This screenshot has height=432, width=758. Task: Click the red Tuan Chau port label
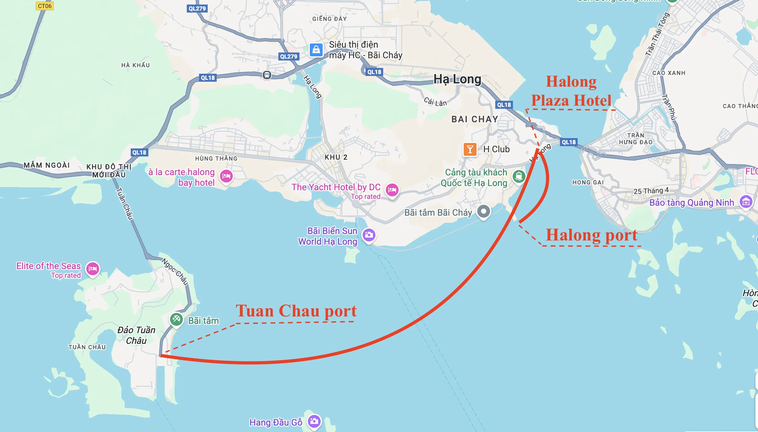296,311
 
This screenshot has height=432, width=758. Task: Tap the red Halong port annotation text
592,235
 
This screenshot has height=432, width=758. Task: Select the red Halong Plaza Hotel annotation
571,91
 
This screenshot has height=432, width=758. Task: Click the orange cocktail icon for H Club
470,149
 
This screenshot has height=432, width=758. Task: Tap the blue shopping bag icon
316,50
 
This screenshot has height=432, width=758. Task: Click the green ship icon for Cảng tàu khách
519,176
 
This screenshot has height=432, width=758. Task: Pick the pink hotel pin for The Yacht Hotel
392,190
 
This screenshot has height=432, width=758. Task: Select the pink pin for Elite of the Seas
93,269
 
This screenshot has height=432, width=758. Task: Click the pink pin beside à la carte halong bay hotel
226,176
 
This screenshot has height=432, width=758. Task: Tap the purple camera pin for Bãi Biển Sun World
369,235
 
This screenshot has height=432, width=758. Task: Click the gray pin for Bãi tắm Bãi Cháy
483,211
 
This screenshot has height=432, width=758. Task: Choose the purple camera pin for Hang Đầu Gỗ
314,421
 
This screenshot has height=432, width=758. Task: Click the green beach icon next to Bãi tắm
176,319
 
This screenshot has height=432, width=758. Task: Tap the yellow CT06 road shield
44,6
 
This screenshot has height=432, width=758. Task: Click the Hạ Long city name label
457,79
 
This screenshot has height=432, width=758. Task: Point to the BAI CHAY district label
475,119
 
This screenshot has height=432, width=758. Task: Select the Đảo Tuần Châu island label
136,335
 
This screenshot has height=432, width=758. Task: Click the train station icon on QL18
267,75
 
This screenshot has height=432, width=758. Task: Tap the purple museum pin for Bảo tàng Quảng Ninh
746,202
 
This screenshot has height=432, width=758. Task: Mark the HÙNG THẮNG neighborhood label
216,158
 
